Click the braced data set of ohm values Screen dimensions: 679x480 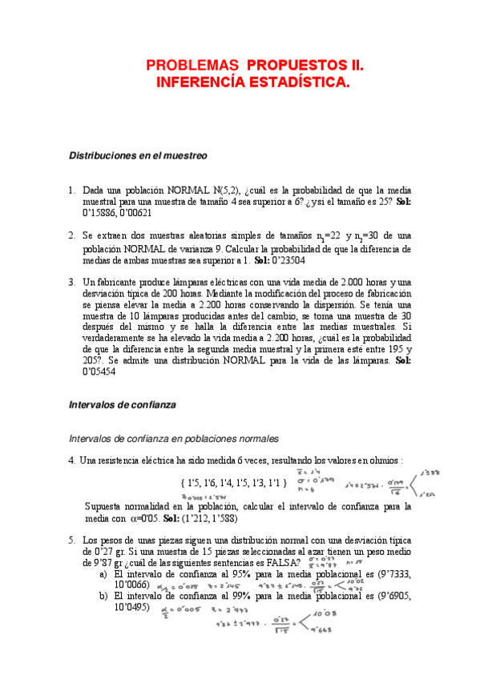pos(229,484)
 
